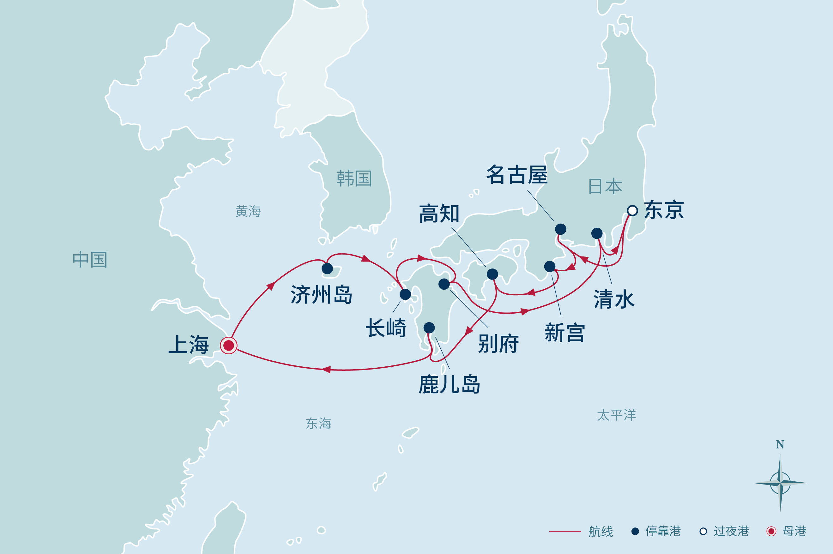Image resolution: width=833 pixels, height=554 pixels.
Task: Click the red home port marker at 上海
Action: click(x=229, y=345)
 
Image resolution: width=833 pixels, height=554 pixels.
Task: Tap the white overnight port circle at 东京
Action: click(x=632, y=211)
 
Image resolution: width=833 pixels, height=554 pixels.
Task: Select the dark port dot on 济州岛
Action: click(x=327, y=268)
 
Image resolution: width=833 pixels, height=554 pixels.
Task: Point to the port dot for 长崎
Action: click(x=405, y=294)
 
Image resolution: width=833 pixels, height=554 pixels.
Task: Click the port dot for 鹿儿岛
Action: click(x=429, y=328)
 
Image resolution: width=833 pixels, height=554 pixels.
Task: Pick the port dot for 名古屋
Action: click(x=560, y=229)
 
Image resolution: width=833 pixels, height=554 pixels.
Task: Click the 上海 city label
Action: click(x=189, y=345)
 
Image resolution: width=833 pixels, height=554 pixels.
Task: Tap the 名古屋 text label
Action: click(x=517, y=175)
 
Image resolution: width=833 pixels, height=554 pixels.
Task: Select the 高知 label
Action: click(x=439, y=214)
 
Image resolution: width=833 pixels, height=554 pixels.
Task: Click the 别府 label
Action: click(x=498, y=343)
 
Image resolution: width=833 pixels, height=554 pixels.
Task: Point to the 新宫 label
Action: click(x=564, y=333)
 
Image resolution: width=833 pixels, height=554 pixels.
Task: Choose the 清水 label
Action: click(x=614, y=299)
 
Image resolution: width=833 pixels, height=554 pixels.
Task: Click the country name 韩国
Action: click(x=354, y=178)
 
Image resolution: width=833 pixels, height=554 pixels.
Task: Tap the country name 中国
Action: click(x=90, y=260)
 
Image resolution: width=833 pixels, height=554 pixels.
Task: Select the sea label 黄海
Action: click(x=248, y=211)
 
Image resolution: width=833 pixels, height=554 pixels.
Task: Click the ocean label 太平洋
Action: click(x=616, y=415)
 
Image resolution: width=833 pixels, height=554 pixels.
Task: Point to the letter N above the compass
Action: click(x=780, y=444)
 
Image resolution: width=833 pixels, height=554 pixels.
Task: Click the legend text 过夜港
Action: click(x=731, y=531)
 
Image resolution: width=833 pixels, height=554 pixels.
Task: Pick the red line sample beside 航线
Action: click(x=565, y=531)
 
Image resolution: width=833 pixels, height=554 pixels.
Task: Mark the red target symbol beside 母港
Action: click(x=771, y=531)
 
